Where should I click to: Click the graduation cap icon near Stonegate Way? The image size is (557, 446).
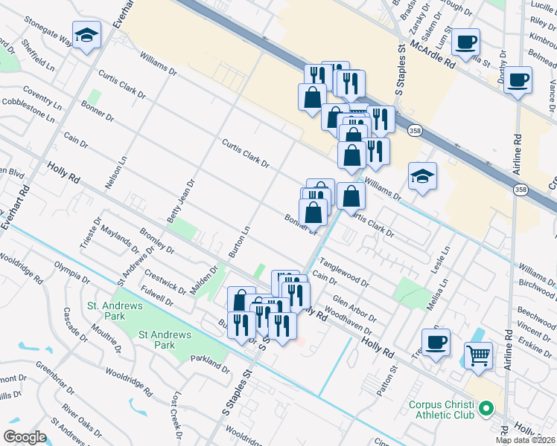click(86, 35)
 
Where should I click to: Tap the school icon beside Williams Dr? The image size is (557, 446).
click(422, 177)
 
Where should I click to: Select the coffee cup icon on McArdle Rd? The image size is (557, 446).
click(466, 42)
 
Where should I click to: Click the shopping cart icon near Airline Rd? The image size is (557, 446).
click(478, 355)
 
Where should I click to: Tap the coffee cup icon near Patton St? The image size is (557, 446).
click(436, 342)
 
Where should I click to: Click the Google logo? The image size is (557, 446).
click(24, 437)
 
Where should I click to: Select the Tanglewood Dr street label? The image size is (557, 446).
click(344, 273)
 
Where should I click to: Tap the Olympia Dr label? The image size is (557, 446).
click(71, 274)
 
